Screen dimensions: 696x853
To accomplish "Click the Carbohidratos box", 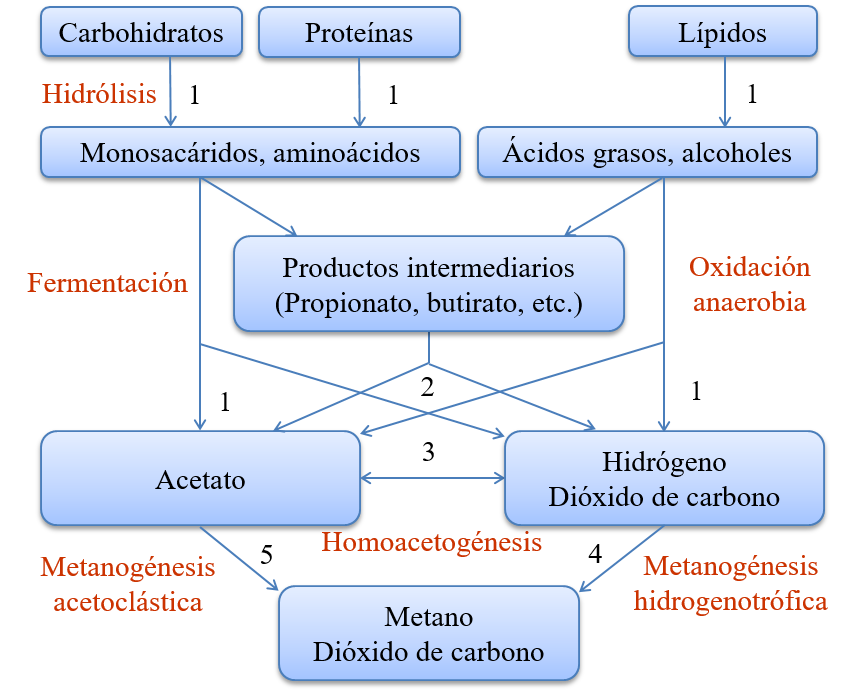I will pos(141,33).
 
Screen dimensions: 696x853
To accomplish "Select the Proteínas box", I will pos(359,33).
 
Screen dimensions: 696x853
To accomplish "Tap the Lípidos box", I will pos(722,33).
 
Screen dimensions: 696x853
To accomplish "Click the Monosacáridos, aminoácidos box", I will pos(250,153).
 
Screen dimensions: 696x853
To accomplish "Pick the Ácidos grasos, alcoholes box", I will pos(647,153).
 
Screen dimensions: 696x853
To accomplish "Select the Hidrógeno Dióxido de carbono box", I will pos(664,479).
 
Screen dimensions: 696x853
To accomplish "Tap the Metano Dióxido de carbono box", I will pos(428,634).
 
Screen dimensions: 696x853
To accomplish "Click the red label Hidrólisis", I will pos(99,94).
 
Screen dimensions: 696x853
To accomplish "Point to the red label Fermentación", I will pos(107,283).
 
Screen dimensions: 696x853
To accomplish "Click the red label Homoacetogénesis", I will pos(431,542).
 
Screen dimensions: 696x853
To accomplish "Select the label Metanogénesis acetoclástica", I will pos(127,585).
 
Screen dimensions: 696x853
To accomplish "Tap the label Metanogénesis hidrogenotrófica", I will pos(730,584).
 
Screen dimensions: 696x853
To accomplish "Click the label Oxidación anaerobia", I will pos(749,285).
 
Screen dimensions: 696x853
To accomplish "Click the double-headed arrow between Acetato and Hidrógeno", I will pos(432,479).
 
